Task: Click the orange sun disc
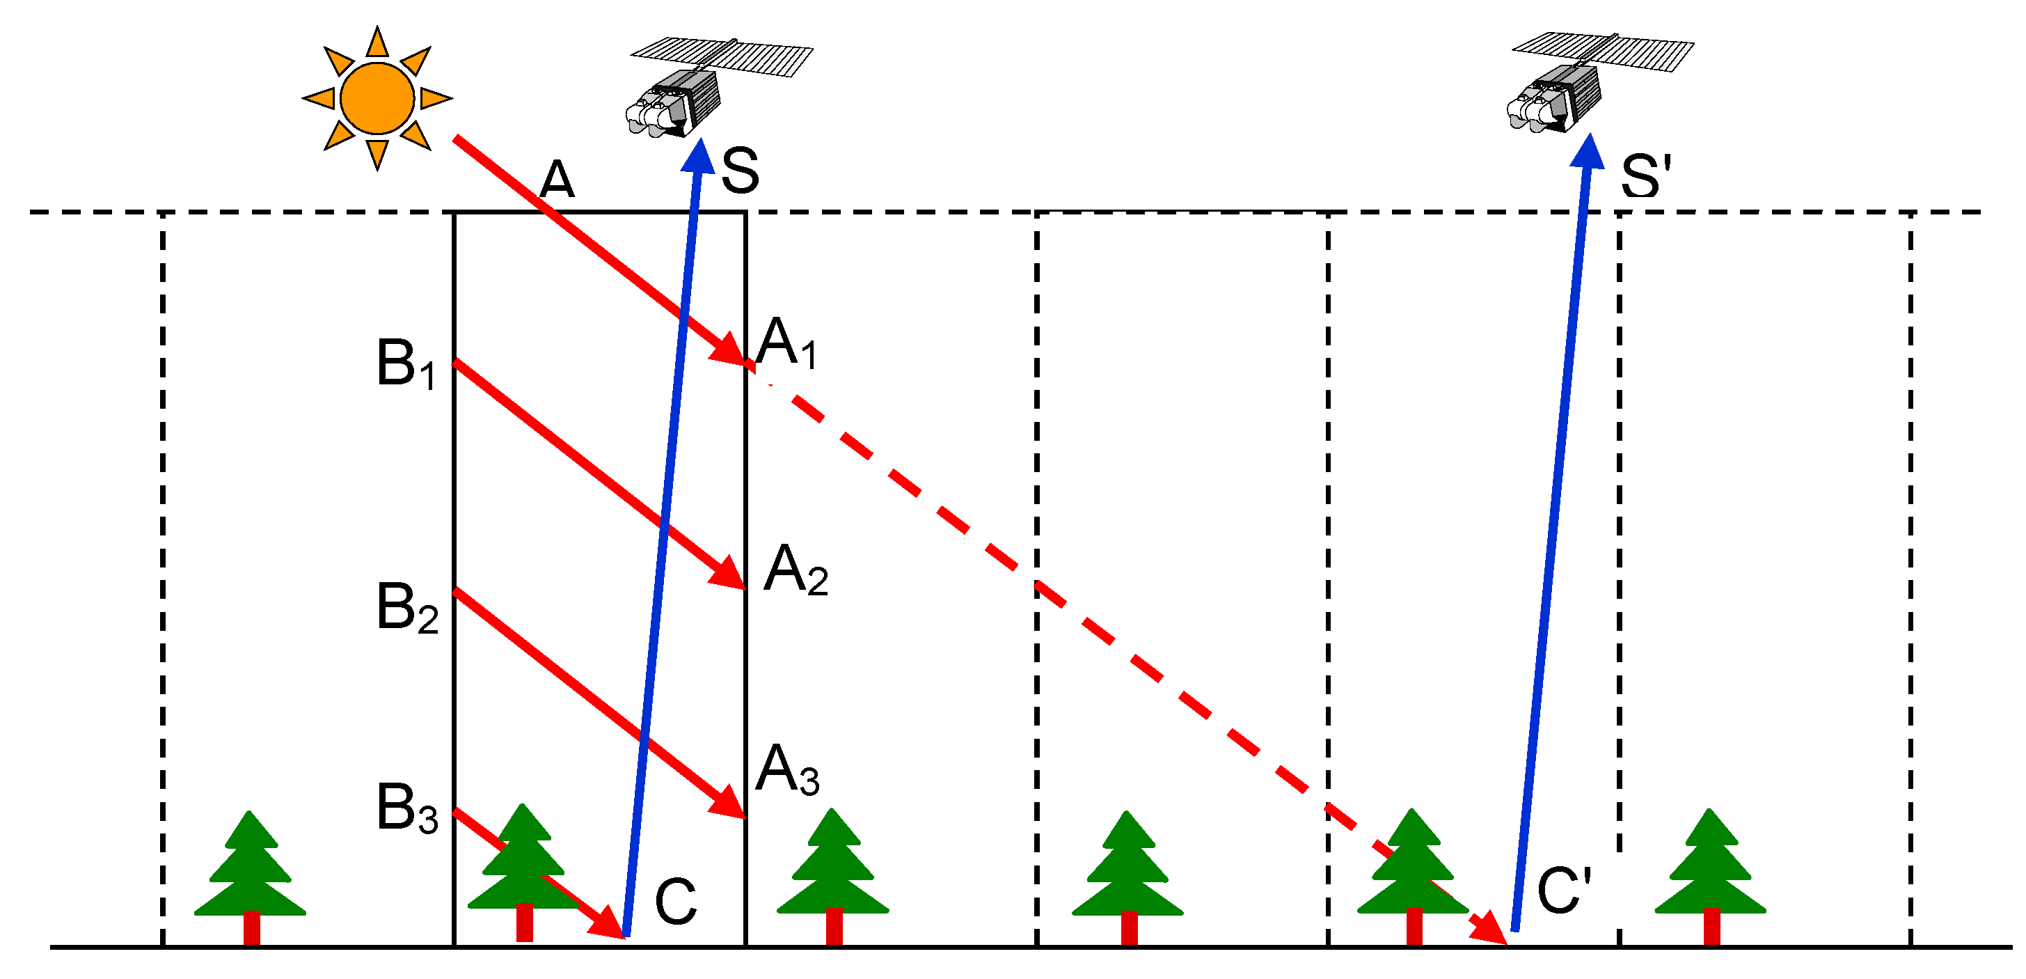[377, 98]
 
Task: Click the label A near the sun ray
[557, 180]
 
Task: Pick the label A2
[795, 570]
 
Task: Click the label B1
[406, 364]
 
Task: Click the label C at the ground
[676, 901]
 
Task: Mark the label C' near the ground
[1564, 892]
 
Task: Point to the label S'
[1645, 176]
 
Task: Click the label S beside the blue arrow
[740, 171]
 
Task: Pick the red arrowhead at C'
[1489, 929]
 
